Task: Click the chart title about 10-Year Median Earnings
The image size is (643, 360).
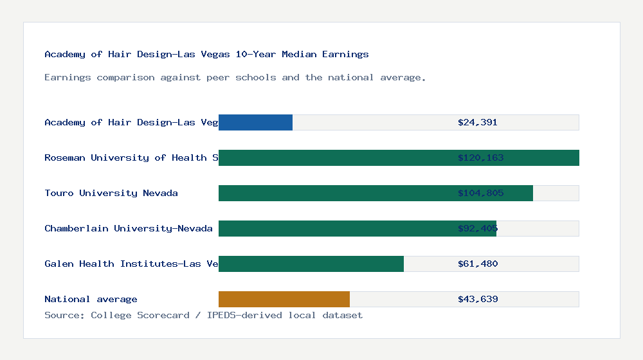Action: [x=206, y=54]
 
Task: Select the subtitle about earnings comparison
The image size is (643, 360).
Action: [x=235, y=77]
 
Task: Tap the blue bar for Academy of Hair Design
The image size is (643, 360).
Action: [x=255, y=122]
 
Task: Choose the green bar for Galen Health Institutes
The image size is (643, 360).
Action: [x=311, y=264]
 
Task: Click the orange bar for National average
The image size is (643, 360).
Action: [x=284, y=299]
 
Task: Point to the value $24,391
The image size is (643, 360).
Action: [x=478, y=122]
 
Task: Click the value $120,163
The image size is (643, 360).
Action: [x=480, y=157]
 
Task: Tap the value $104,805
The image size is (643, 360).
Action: [x=480, y=193]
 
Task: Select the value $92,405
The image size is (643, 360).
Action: [x=478, y=228]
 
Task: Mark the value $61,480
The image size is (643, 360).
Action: [x=478, y=264]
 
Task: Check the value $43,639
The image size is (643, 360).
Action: [x=478, y=299]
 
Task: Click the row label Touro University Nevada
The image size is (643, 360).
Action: [x=111, y=193]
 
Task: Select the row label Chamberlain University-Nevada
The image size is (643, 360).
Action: [x=129, y=228]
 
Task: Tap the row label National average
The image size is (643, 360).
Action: [x=91, y=299]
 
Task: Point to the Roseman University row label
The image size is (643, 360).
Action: [x=131, y=157]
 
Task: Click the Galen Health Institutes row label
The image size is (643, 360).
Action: [x=131, y=264]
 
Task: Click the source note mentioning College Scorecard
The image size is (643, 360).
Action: [x=203, y=315]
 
